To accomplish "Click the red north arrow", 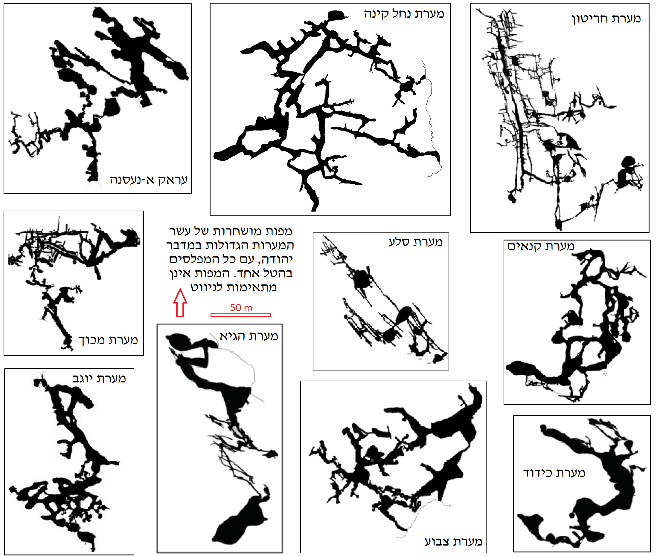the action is (x=180, y=303).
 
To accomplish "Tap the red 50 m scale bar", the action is (x=240, y=315).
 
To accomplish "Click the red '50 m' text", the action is (x=241, y=308).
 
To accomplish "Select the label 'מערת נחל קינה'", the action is (x=404, y=14).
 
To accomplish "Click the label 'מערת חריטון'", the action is (x=606, y=19).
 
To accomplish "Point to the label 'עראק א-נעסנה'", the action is (x=148, y=180).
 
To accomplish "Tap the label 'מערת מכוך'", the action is (x=108, y=340).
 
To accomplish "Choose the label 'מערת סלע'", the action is (x=415, y=242).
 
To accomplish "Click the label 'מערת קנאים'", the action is (x=541, y=246).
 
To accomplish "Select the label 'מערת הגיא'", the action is (x=249, y=336).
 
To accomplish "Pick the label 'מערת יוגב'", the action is (x=99, y=378).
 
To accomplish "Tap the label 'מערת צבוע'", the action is (x=453, y=541).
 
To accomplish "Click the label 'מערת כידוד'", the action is (x=554, y=473).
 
